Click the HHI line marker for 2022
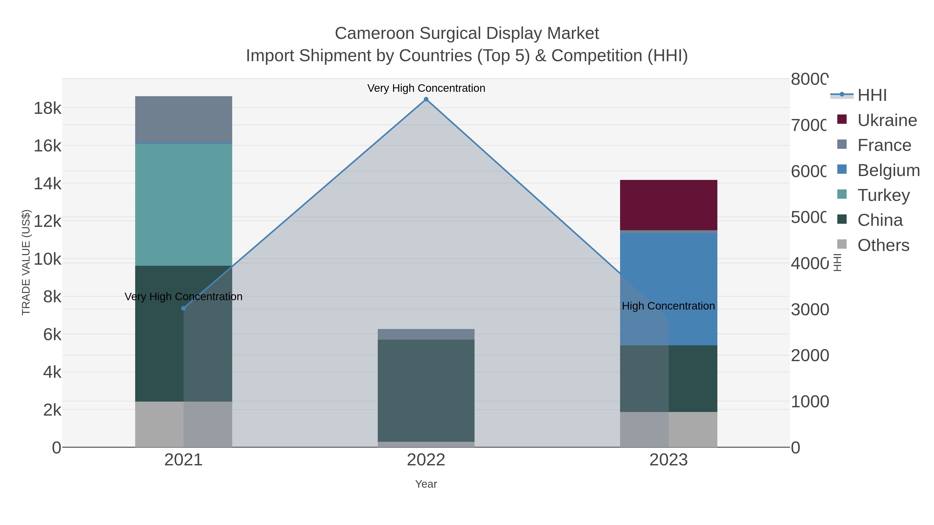pos(426,99)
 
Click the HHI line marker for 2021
pos(183,308)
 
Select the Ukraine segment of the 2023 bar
pos(669,205)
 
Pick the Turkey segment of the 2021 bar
pos(183,205)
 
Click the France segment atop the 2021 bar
pos(183,120)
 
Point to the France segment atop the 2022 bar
pos(426,334)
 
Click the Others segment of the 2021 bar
pos(160,424)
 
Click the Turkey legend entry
pos(883,195)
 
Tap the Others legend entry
pos(883,245)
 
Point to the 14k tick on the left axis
pos(47,184)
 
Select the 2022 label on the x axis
pos(426,460)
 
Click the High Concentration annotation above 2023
pos(668,306)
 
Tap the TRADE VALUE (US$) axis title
pos(26,262)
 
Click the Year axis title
pos(426,484)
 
